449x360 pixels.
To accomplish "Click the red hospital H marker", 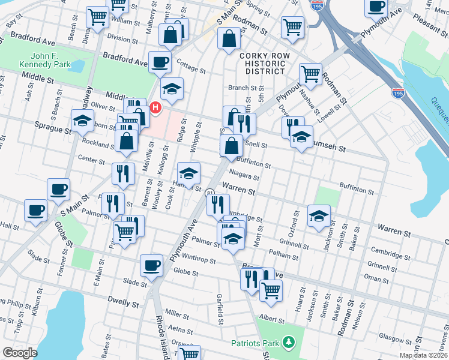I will (155, 108).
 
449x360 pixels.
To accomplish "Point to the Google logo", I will (20, 353).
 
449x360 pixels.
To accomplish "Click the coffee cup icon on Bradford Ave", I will (160, 62).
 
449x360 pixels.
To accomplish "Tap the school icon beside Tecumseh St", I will (301, 136).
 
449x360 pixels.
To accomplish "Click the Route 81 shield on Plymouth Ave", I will (210, 193).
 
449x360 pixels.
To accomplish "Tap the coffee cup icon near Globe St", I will (151, 265).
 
